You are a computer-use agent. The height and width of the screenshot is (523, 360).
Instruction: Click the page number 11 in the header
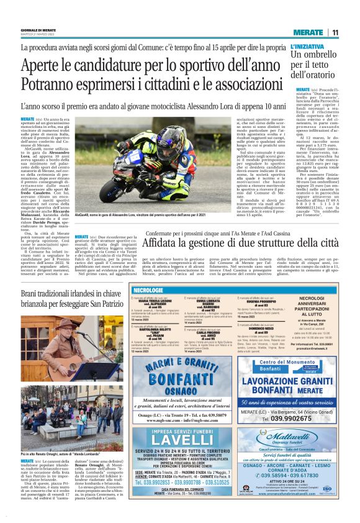[335, 32]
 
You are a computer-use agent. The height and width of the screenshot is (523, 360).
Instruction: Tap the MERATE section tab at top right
[308, 32]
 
